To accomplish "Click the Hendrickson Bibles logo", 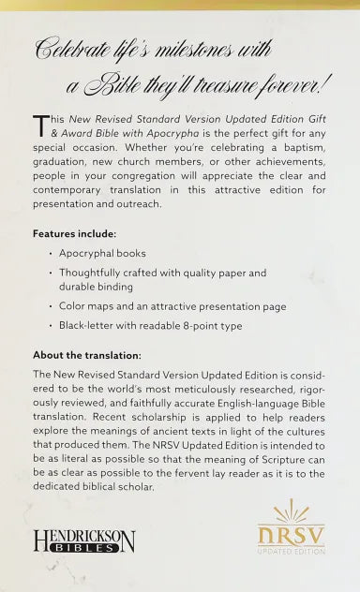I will point(83,540).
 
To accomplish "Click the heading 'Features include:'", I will point(77,231).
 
